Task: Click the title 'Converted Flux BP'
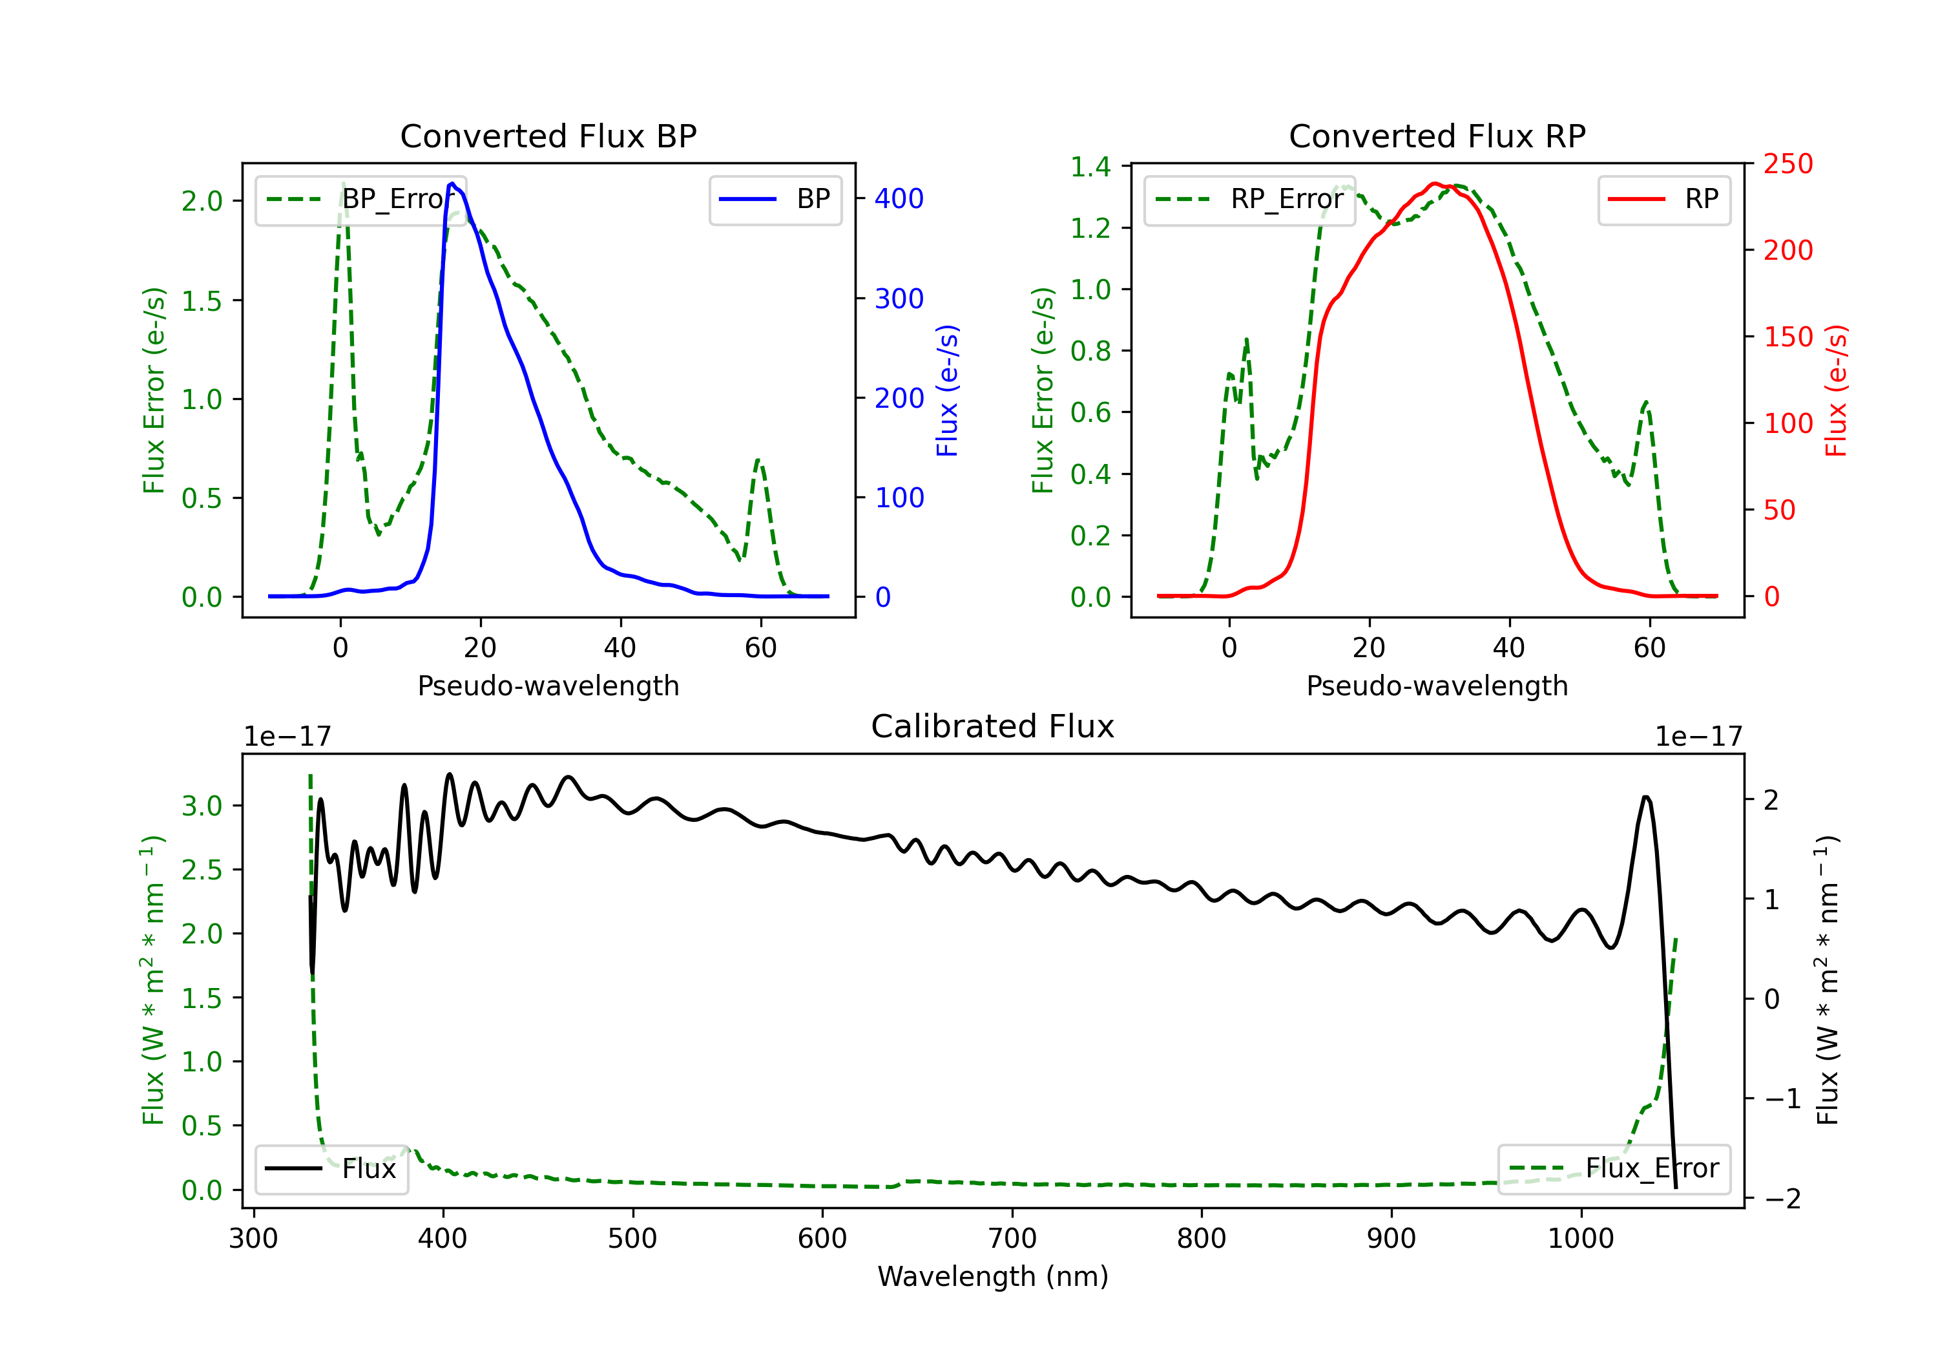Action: click(548, 136)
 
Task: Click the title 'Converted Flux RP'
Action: click(1437, 136)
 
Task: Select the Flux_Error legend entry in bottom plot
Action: click(1613, 1169)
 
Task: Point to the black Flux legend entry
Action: click(332, 1169)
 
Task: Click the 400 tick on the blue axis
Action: click(899, 199)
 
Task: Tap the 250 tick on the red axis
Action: click(1787, 164)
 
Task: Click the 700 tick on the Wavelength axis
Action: click(1012, 1239)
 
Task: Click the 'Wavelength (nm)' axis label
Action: click(993, 1277)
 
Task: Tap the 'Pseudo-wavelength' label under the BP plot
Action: click(548, 686)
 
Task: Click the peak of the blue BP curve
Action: click(452, 184)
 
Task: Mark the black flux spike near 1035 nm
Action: click(1646, 797)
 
